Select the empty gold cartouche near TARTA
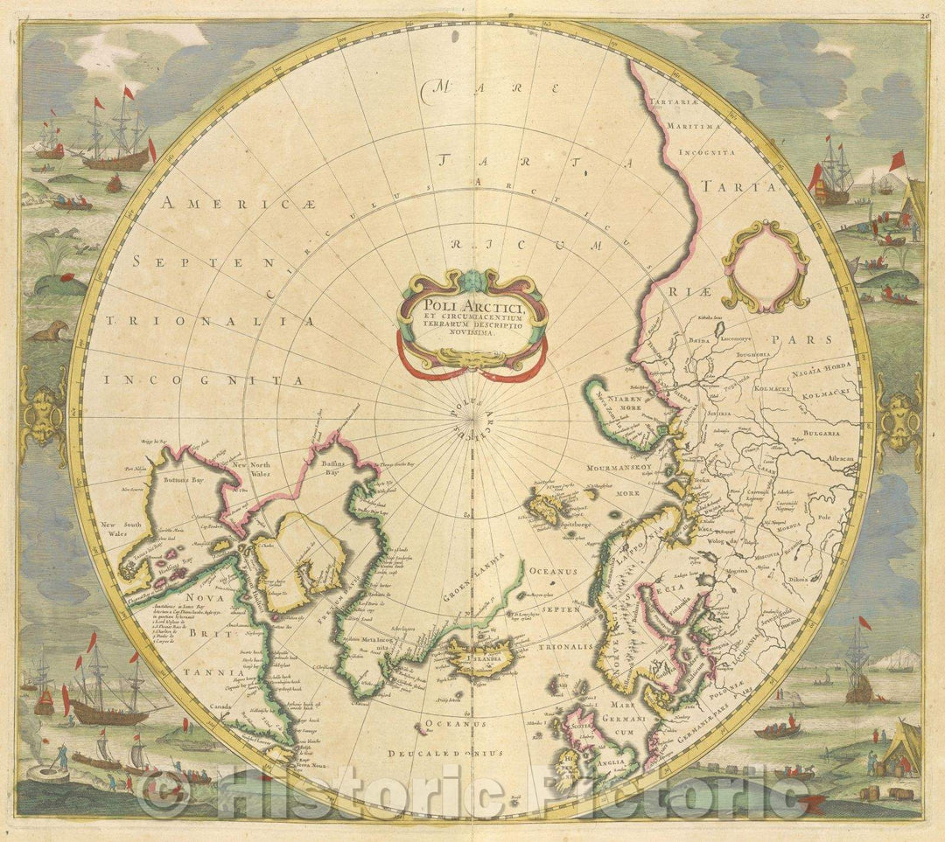point(765,266)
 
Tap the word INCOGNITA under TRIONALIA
point(203,380)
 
